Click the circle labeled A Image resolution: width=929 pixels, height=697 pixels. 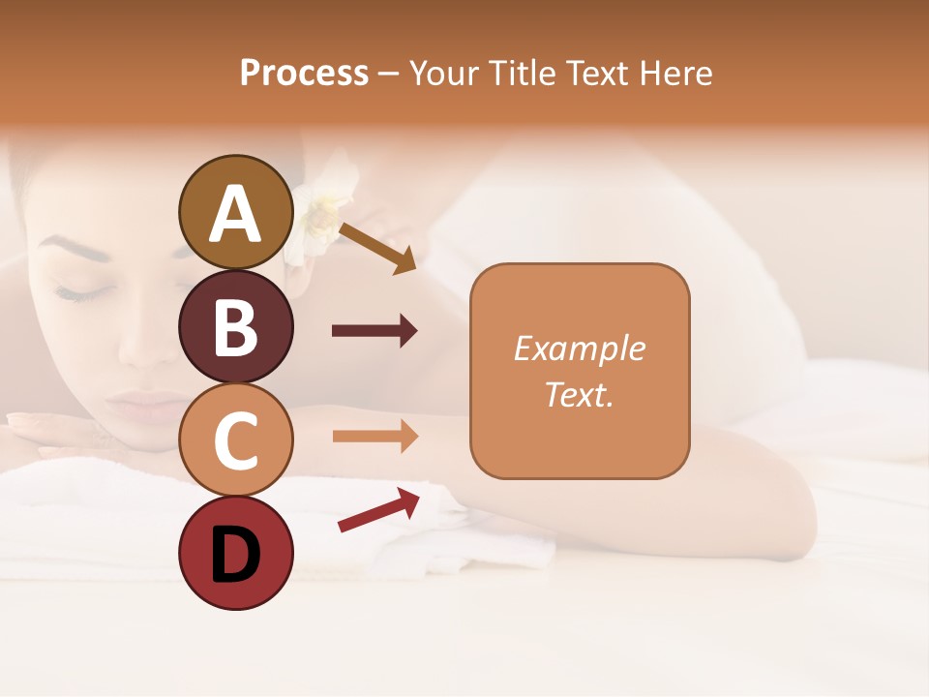(x=235, y=212)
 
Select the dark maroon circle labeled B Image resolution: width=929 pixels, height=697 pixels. (x=235, y=326)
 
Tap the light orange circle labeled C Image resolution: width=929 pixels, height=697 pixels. (x=235, y=439)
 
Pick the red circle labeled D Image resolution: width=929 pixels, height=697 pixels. (x=235, y=553)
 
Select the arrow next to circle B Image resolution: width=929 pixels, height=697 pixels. (x=374, y=331)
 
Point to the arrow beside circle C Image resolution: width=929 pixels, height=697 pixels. (x=374, y=437)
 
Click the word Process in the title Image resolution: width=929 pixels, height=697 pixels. (x=304, y=73)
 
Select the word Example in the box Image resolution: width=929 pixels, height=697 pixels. (x=579, y=348)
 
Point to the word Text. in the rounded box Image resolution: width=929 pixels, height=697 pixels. (x=579, y=394)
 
